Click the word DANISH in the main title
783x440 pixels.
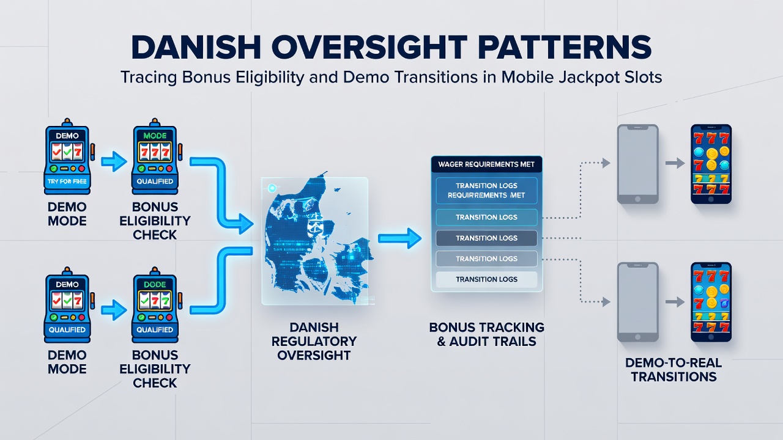(x=196, y=48)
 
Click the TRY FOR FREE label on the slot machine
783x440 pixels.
(x=67, y=182)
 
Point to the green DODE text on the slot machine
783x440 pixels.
(x=155, y=285)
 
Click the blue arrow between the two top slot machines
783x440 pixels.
(x=114, y=162)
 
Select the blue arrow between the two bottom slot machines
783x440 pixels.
(x=114, y=310)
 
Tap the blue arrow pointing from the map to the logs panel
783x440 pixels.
(x=400, y=238)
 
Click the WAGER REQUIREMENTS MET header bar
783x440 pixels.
(x=486, y=164)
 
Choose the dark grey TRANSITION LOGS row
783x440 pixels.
(x=486, y=238)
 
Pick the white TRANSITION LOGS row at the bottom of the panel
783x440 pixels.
(x=486, y=279)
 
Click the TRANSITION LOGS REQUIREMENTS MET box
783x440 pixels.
(x=486, y=191)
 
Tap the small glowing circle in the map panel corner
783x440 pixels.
(x=272, y=188)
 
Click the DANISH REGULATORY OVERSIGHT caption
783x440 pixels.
(x=314, y=341)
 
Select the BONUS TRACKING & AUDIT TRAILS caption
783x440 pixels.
(x=486, y=334)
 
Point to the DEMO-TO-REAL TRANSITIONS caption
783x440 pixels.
(x=674, y=370)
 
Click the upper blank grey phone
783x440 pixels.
(x=637, y=164)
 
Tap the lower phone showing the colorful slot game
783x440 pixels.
(x=711, y=302)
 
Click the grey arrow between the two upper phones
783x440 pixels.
(x=675, y=163)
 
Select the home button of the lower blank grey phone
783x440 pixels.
(x=637, y=337)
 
